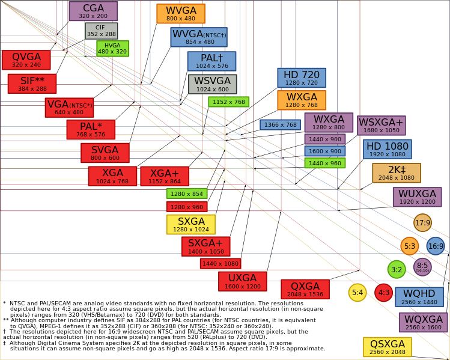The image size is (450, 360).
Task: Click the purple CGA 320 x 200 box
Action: (93, 11)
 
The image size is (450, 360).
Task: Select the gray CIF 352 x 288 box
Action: (102, 31)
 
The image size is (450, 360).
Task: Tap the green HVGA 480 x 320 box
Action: (112, 49)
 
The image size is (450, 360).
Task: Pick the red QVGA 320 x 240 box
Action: (26, 60)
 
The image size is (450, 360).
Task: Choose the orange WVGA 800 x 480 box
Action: (181, 13)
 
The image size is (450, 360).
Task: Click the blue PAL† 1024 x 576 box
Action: (212, 61)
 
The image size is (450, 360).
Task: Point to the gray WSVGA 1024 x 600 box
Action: (213, 84)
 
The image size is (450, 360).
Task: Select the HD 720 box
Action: (302, 78)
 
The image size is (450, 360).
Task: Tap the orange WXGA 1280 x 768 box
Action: (302, 100)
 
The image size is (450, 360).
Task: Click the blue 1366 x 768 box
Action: (281, 125)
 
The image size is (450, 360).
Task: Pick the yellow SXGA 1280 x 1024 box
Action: (191, 225)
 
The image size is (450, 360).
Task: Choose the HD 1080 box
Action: (388, 149)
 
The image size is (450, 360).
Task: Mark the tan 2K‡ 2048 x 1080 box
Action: (397, 173)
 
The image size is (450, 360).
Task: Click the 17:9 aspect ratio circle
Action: (423, 223)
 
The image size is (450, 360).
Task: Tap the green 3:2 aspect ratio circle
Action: (397, 270)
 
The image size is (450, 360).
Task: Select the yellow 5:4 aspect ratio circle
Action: (357, 293)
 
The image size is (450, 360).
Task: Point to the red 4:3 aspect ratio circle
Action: (384, 293)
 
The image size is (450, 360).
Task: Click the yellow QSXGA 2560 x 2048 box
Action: (388, 347)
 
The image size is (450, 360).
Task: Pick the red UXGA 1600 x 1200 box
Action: (243, 282)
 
